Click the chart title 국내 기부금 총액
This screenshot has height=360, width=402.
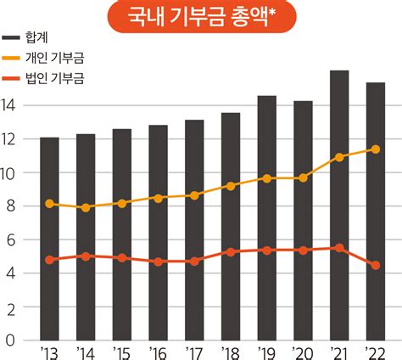tap(198, 17)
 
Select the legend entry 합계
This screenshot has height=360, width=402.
tap(25, 37)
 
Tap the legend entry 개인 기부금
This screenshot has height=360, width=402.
tap(43, 58)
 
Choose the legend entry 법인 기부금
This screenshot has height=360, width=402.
tap(43, 78)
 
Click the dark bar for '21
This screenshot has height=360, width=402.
tap(339, 205)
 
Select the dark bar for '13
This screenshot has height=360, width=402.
tap(49, 239)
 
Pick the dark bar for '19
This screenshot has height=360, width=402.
tap(267, 218)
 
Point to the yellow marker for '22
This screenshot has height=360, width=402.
tap(376, 149)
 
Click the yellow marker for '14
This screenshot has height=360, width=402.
tap(86, 208)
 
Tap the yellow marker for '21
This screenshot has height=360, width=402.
tap(339, 157)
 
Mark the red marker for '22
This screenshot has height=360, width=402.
tap(376, 265)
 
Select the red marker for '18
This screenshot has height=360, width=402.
tap(231, 252)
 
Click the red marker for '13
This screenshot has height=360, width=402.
tap(49, 260)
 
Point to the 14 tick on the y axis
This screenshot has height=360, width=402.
tap(8, 105)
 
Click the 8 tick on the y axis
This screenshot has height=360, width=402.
tap(11, 206)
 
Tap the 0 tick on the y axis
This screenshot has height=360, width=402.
tap(10, 340)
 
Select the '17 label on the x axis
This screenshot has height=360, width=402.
tap(194, 353)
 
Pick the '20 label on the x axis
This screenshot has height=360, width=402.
tap(303, 353)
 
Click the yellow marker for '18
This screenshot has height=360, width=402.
tap(231, 186)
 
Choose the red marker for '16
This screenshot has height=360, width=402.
tap(159, 262)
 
